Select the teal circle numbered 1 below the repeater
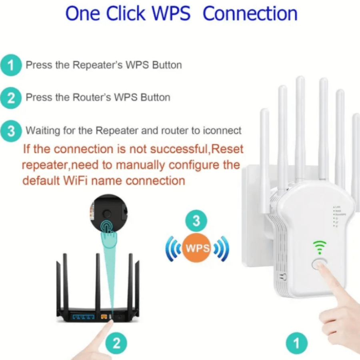(x=297, y=343)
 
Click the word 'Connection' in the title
(x=250, y=13)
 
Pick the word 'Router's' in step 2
(x=91, y=98)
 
